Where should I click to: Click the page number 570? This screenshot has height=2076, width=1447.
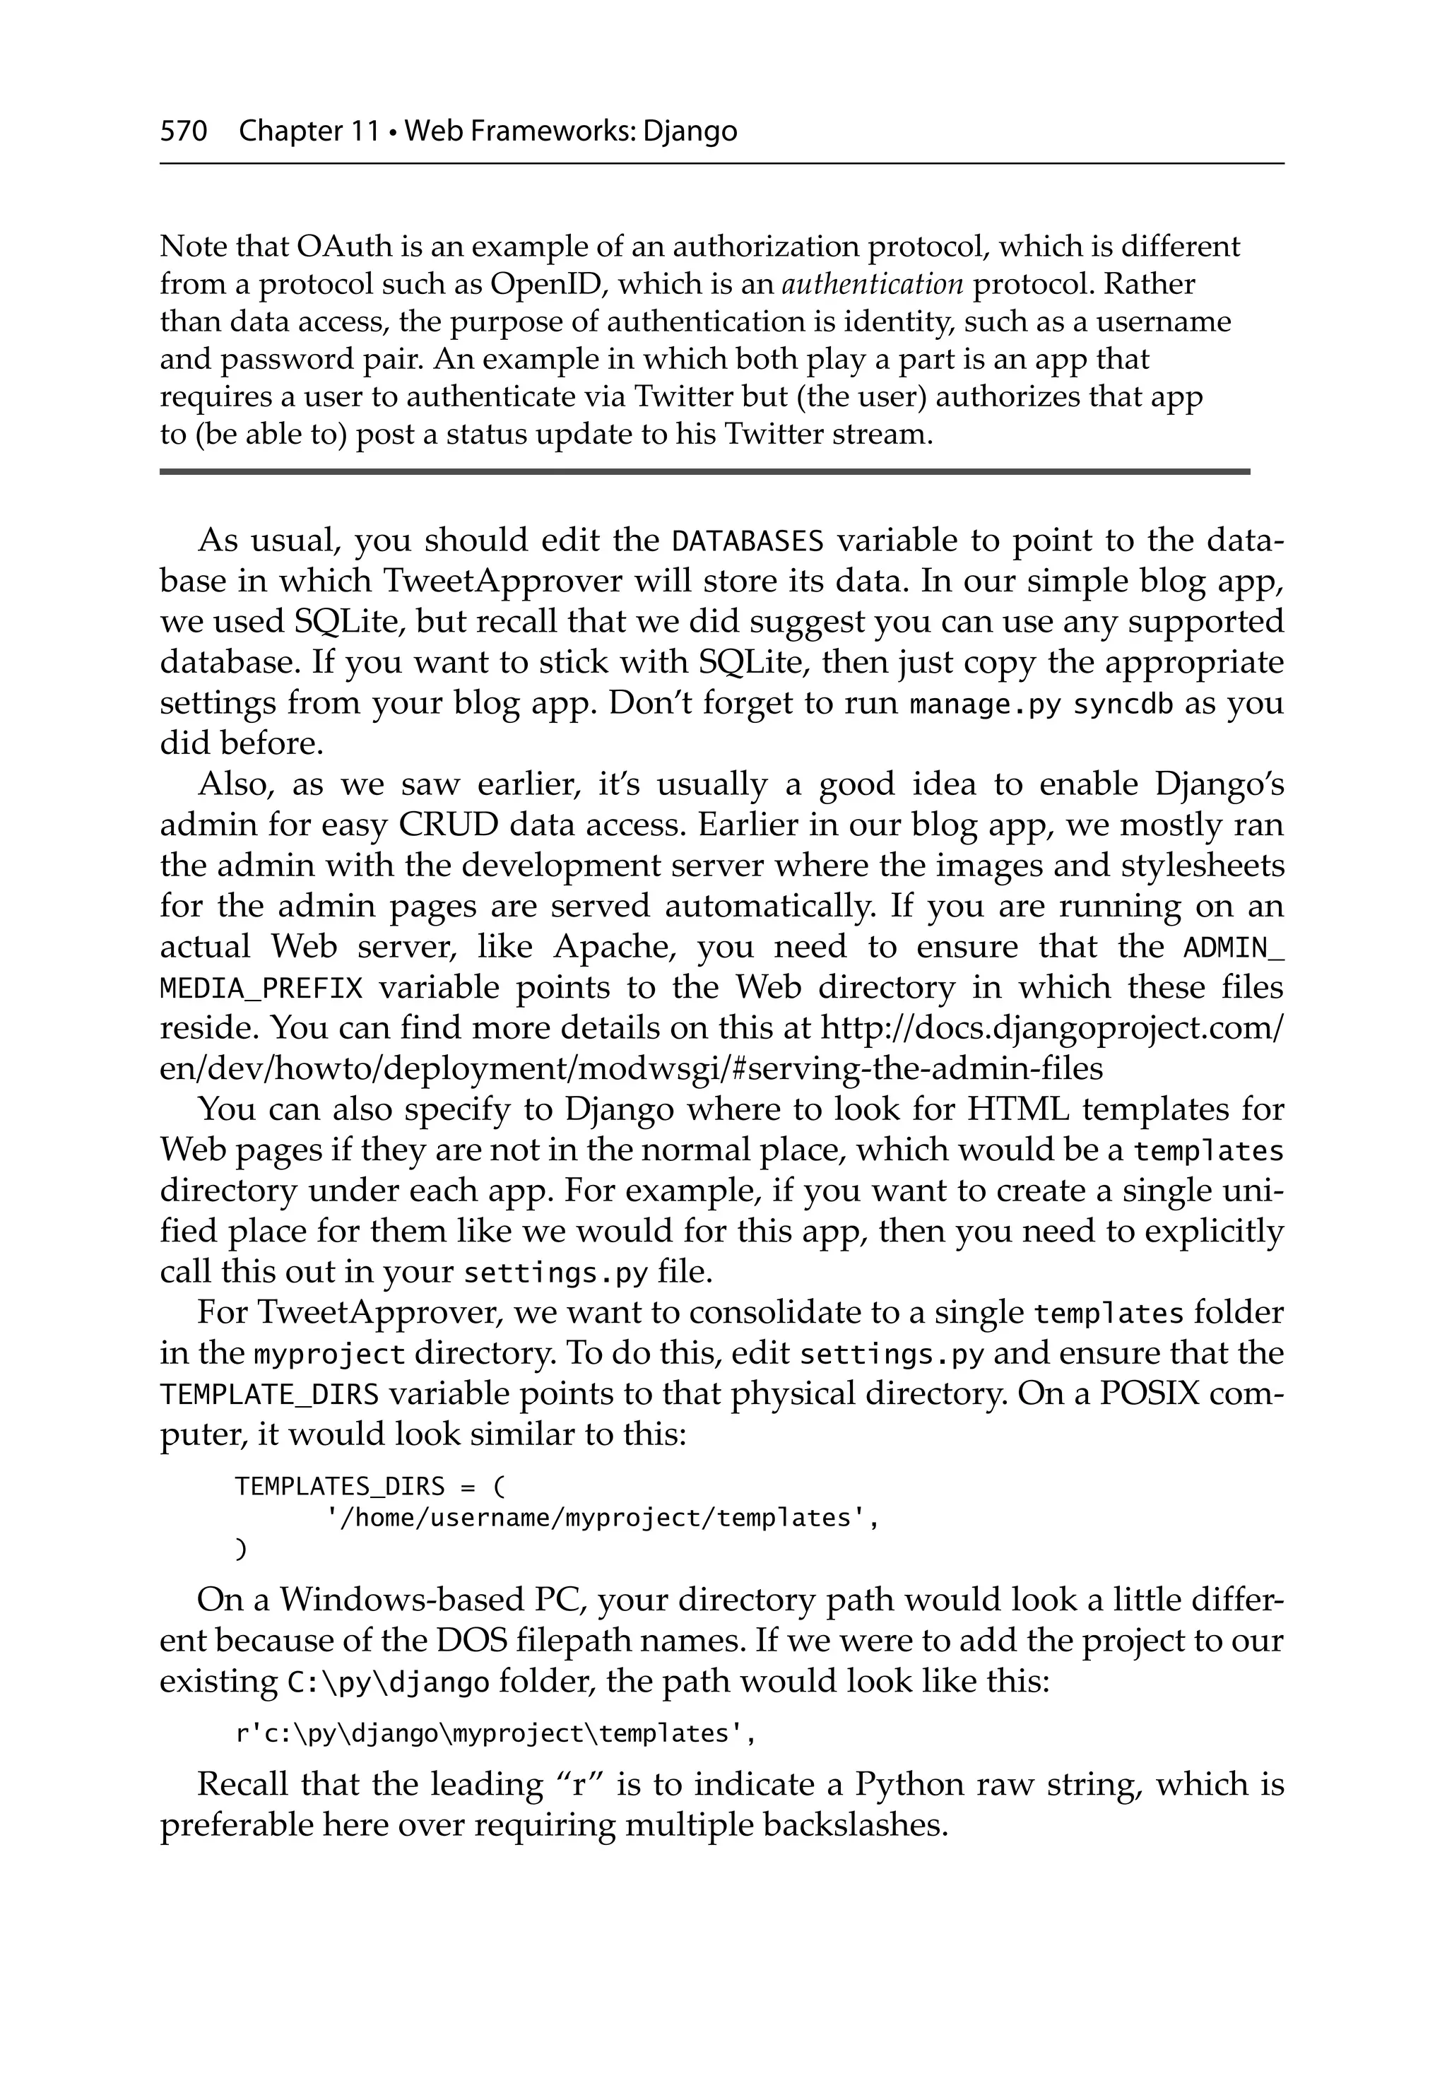pos(184,132)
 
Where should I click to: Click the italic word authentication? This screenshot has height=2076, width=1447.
pos(872,285)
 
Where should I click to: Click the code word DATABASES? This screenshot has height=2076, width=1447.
pos(747,541)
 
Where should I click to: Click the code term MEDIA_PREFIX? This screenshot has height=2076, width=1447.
pos(261,989)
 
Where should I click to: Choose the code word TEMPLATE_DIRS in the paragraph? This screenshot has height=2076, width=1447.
pos(268,1395)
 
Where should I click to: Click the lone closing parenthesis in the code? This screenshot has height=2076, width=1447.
pos(240,1549)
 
